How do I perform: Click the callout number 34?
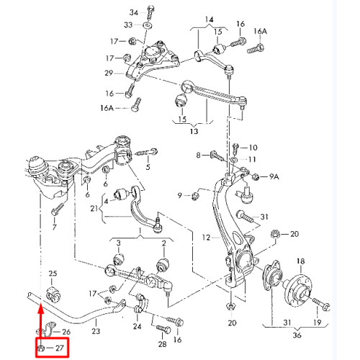[134, 12]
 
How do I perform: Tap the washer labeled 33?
[148, 25]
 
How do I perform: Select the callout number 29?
[109, 73]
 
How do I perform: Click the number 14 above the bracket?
[209, 19]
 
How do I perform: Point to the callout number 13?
[194, 131]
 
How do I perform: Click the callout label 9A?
[274, 176]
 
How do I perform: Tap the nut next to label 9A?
[256, 177]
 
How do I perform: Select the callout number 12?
[206, 238]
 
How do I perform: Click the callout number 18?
[301, 261]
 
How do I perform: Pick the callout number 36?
[297, 335]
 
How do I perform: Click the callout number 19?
[318, 323]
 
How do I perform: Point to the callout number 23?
[96, 331]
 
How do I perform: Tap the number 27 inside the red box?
[59, 348]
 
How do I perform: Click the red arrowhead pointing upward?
[41, 310]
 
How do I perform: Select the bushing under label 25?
[53, 294]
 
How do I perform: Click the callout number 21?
[94, 208]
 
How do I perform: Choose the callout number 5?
[148, 167]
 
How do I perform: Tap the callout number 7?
[55, 227]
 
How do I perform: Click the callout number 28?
[162, 344]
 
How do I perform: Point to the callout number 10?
[253, 148]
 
